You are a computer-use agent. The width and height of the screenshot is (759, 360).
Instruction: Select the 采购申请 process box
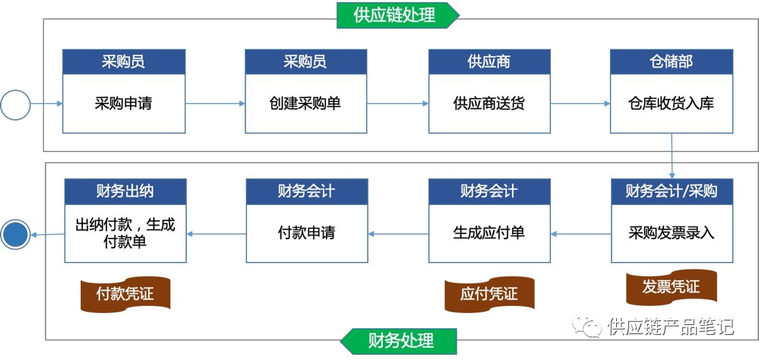tap(123, 103)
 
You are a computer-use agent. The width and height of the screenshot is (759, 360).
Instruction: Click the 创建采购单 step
tap(305, 103)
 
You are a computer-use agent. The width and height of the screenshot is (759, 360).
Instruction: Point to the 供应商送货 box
tap(489, 103)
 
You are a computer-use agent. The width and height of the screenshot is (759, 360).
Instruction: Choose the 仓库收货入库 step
tap(671, 103)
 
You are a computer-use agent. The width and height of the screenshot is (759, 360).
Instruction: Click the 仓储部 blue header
tap(671, 62)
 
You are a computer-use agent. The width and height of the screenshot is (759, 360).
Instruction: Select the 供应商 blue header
tap(489, 62)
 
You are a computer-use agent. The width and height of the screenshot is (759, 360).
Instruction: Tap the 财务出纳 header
tap(125, 191)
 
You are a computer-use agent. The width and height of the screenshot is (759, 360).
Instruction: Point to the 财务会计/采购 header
tap(672, 191)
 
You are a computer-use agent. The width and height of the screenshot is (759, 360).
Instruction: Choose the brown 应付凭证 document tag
tap(489, 293)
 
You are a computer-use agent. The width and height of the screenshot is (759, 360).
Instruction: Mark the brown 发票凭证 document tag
tap(671, 287)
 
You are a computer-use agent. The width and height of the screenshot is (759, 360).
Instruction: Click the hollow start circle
tap(15, 104)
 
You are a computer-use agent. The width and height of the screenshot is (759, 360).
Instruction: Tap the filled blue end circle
tap(15, 234)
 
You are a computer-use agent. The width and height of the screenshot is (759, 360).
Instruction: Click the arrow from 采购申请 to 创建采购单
tap(215, 104)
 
